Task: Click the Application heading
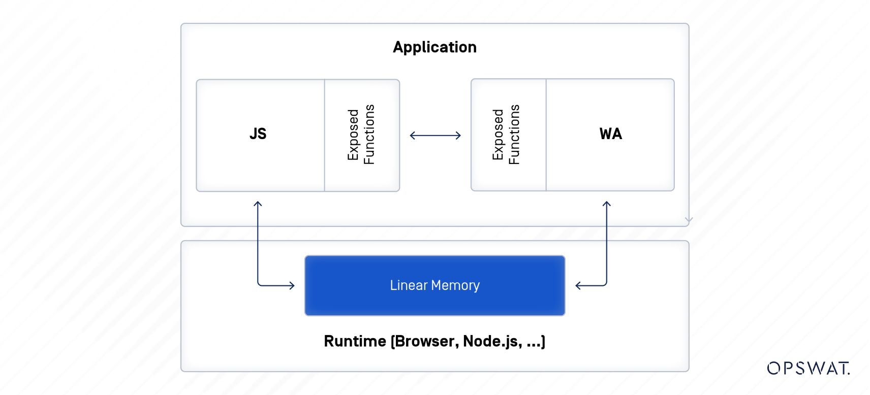click(434, 47)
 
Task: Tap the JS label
click(258, 134)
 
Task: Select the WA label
click(610, 134)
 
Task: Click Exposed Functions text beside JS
click(361, 135)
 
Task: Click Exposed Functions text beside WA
click(506, 135)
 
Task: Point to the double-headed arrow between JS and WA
click(435, 136)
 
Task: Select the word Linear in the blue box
click(409, 285)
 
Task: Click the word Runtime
click(355, 341)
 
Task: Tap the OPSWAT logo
click(808, 368)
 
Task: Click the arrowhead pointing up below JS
click(258, 204)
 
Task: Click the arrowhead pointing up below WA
click(606, 204)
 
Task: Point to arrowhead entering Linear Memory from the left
click(292, 285)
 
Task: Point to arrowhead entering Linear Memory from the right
click(578, 285)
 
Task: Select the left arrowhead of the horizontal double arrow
click(412, 136)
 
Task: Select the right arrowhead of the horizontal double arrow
click(458, 136)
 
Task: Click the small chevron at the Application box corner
click(689, 220)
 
